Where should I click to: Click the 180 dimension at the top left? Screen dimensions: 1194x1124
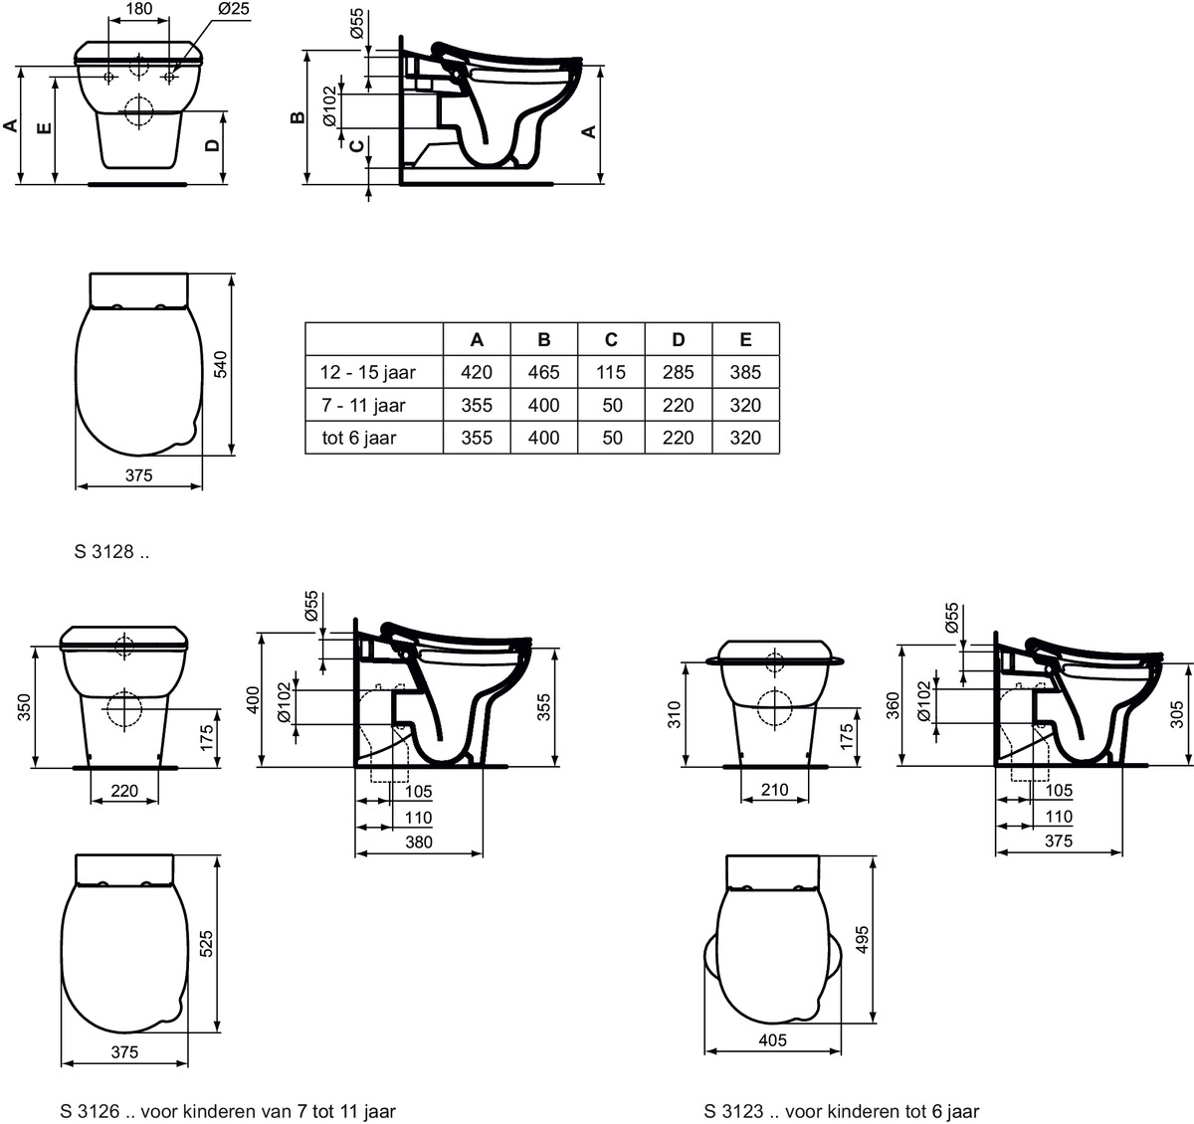click(x=138, y=9)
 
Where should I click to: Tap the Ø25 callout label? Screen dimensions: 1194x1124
click(x=233, y=9)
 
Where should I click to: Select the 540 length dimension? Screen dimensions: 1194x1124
click(x=221, y=364)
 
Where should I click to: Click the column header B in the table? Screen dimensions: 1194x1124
click(x=543, y=339)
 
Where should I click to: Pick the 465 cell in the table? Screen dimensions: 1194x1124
click(x=543, y=372)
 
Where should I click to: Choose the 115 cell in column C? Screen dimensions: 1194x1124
click(x=611, y=372)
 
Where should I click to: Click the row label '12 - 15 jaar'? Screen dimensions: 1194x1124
click(x=367, y=373)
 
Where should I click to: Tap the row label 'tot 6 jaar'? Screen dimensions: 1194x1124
click(x=359, y=438)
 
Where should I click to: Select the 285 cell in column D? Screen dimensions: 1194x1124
click(x=679, y=372)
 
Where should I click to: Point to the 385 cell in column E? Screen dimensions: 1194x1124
click(x=745, y=372)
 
